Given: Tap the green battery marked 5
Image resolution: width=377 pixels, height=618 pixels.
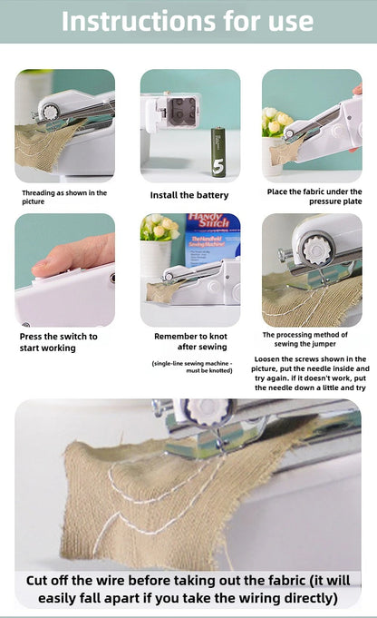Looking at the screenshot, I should pos(218,151).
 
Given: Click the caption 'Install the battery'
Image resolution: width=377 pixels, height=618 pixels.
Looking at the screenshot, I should pos(189,195).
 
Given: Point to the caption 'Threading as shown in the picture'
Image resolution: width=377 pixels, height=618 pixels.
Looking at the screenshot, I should pos(64,197).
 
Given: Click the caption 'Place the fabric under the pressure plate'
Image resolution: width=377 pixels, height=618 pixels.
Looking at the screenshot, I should pos(314,197).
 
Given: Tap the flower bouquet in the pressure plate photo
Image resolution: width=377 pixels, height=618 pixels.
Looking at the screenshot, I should pos(275,123).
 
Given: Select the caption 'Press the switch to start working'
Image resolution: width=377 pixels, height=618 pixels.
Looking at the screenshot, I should pos(59,342).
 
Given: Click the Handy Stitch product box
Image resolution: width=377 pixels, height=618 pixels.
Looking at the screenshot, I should pos(213,239).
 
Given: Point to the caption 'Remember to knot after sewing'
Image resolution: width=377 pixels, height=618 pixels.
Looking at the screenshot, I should pos(189,341).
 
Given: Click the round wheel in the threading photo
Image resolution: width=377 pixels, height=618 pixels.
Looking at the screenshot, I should pos(50,111).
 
